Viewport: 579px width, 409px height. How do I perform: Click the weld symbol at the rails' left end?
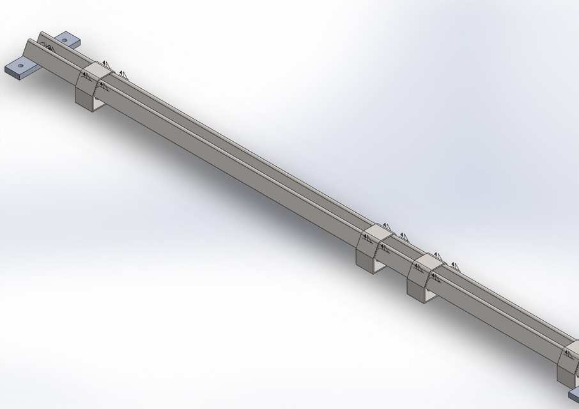point(47,47)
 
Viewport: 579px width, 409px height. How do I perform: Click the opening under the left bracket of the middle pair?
point(378,264)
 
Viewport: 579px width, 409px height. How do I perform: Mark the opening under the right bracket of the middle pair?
point(430,295)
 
